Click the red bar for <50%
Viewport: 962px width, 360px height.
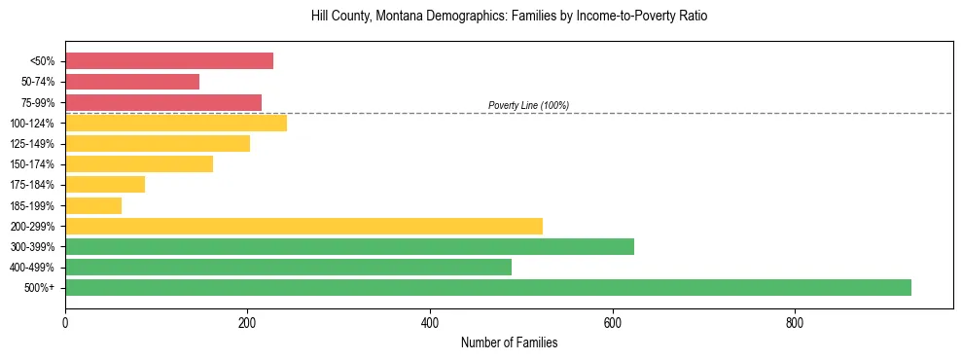(x=169, y=61)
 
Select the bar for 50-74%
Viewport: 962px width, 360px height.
(x=132, y=82)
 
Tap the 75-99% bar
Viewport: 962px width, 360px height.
(x=163, y=102)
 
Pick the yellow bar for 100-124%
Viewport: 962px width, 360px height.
(x=176, y=123)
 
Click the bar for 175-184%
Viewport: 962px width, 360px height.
(x=105, y=184)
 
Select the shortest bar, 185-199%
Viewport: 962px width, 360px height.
(x=93, y=205)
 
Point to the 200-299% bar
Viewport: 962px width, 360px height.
(x=303, y=226)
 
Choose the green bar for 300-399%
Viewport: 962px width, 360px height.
(x=349, y=246)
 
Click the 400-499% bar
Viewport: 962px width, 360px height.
(x=288, y=267)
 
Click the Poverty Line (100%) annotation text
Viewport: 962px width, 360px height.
(x=528, y=105)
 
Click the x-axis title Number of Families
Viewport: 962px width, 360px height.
(x=509, y=342)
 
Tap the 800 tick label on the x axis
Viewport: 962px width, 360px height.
(x=795, y=322)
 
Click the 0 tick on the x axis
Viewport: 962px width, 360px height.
(x=65, y=322)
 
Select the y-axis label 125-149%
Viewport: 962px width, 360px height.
(x=32, y=144)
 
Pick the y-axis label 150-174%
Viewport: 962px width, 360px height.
(x=32, y=164)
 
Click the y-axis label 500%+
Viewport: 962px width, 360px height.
(x=40, y=288)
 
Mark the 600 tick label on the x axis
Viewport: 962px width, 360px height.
(x=613, y=322)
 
